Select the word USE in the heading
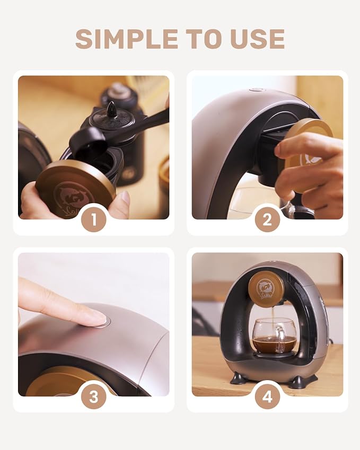click(259, 39)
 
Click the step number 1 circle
click(94, 219)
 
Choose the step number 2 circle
click(267, 219)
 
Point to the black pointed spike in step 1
click(111, 109)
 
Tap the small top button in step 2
click(257, 90)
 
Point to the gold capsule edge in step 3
click(69, 381)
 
